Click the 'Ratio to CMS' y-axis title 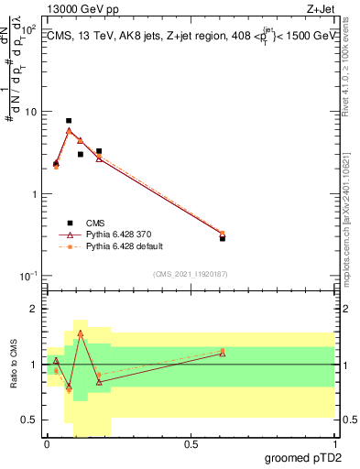[x=13, y=364]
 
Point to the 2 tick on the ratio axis [x=33, y=310]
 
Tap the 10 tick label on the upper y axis [x=29, y=112]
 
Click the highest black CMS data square [x=69, y=121]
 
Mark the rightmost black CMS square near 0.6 [x=223, y=238]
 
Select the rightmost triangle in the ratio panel [x=223, y=353]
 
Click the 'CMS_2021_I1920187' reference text [x=190, y=273]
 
